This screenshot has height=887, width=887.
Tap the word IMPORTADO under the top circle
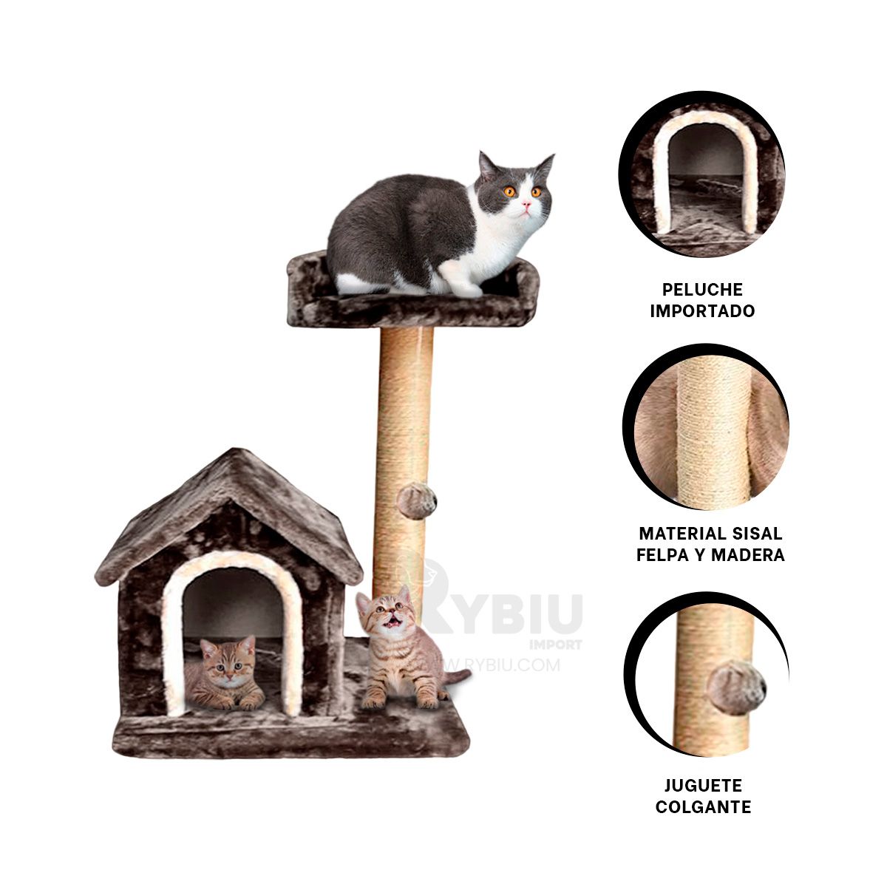click(702, 311)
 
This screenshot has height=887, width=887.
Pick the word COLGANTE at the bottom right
click(703, 807)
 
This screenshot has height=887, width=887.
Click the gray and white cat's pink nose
click(526, 201)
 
